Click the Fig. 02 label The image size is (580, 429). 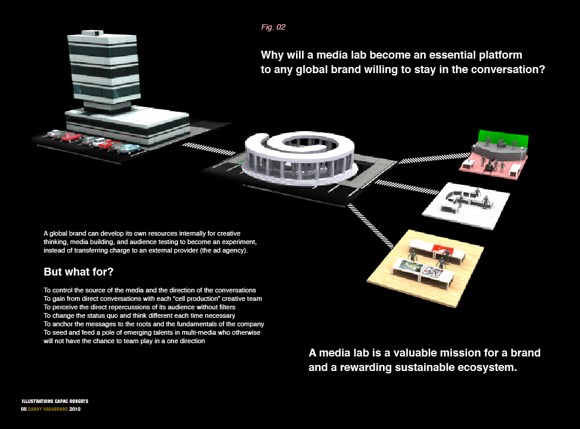click(272, 27)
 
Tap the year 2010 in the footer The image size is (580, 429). click(75, 409)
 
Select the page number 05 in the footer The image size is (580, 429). click(24, 409)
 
